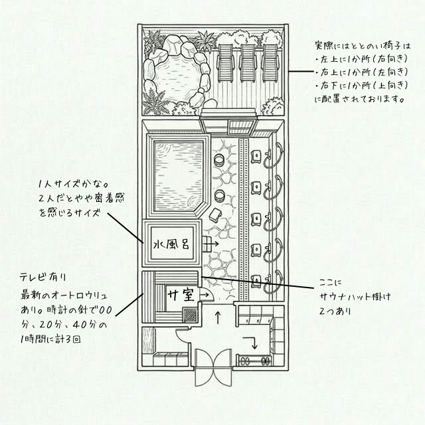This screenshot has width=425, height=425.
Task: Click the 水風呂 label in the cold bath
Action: [x=171, y=244]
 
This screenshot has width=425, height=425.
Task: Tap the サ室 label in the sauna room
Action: [x=181, y=295]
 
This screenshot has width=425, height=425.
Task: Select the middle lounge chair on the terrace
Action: [x=248, y=63]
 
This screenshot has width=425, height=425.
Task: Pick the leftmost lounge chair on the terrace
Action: [x=225, y=63]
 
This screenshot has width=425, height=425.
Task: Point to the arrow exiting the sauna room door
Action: [x=204, y=295]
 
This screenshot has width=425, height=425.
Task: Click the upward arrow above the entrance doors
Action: [x=218, y=317]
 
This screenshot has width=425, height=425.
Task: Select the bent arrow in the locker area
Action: [x=251, y=343]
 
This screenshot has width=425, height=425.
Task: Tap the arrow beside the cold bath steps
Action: [x=213, y=244]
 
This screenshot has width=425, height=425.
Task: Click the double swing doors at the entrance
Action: [x=213, y=367]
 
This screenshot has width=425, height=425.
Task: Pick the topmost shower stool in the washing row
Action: [x=256, y=157]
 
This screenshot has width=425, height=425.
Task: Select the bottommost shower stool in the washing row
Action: [x=256, y=281]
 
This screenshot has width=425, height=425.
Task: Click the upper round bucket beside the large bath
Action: [x=219, y=160]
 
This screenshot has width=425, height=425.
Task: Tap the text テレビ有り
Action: [x=42, y=277]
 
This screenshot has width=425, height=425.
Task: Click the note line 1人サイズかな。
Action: [x=73, y=185]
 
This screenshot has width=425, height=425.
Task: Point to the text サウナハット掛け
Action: [x=355, y=297]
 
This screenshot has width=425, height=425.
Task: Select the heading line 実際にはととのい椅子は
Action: [x=363, y=46]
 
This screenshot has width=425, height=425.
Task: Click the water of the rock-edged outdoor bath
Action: [x=176, y=78]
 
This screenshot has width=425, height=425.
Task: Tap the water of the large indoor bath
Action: [x=179, y=176]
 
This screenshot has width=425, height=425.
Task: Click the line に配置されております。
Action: [x=360, y=99]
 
